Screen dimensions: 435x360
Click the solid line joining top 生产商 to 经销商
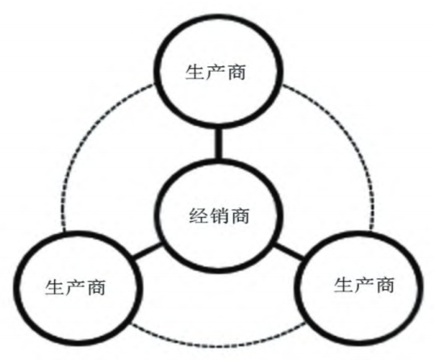click(219, 144)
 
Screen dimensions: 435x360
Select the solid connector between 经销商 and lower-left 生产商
click(148, 251)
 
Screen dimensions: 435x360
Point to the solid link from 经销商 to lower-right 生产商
click(290, 252)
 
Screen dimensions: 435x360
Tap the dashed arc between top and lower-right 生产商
click(351, 139)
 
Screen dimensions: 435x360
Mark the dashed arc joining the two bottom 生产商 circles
click(219, 345)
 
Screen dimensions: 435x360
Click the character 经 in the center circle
click(199, 216)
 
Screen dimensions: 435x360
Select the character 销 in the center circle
click(220, 216)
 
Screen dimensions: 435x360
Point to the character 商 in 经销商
click(241, 216)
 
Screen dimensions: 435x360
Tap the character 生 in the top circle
click(194, 72)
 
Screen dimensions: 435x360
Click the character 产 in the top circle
click(215, 72)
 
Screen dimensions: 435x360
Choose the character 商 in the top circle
click(236, 72)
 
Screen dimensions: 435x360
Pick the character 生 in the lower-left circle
click(55, 287)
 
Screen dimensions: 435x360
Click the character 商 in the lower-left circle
click(96, 287)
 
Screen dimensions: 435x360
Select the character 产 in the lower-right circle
click(364, 285)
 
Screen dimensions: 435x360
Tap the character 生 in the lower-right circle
click(344, 285)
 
